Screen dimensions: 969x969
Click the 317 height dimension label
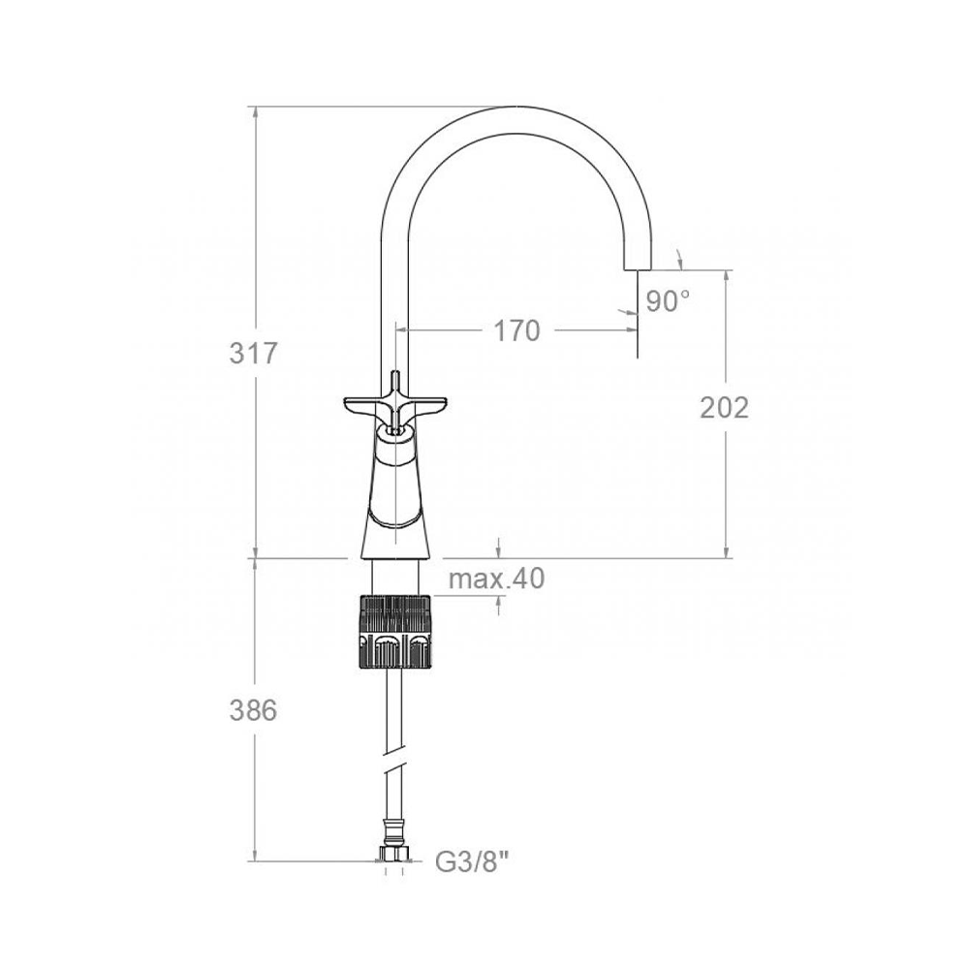point(254,354)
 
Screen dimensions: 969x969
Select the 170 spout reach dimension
point(516,331)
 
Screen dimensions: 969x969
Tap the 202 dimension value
point(724,407)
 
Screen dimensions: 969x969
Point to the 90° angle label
point(668,301)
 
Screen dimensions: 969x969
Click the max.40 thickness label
point(497,579)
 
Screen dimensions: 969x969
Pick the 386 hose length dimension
point(253,710)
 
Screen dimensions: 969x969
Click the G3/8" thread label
point(475,861)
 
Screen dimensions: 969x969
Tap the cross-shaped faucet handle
point(393,408)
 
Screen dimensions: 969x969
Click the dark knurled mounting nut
point(393,631)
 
